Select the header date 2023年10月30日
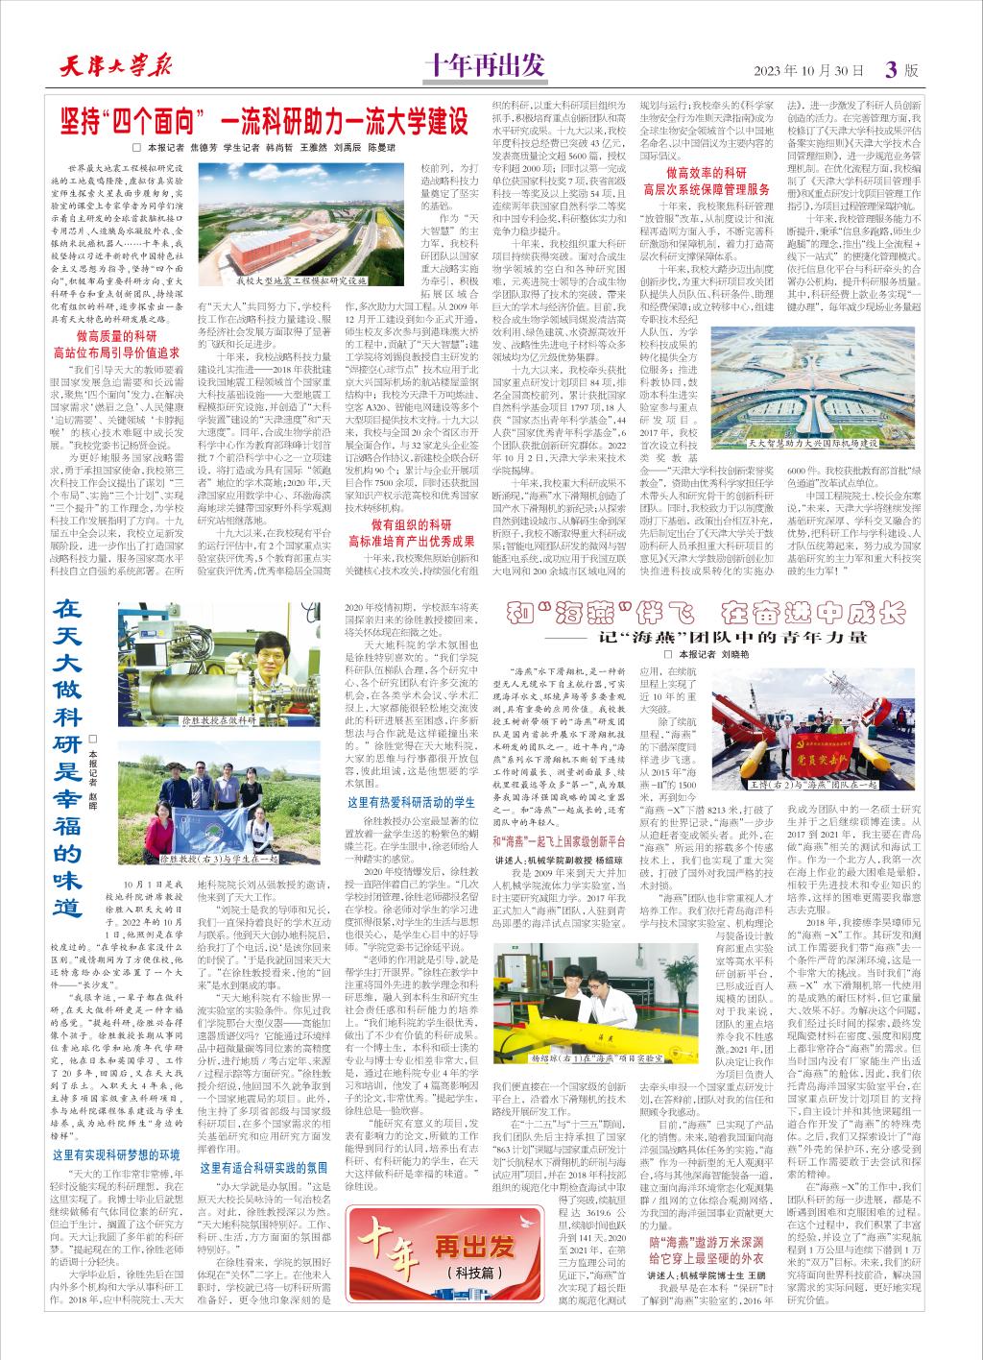click(809, 71)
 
